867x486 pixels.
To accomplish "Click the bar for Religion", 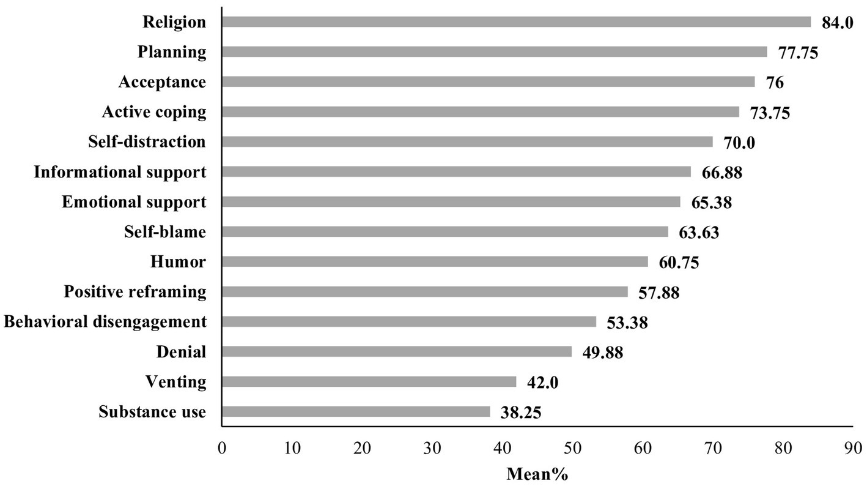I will click(516, 22).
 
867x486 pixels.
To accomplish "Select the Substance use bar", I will click(356, 412).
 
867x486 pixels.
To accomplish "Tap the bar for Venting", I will click(369, 382).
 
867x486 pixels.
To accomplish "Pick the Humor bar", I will click(435, 262).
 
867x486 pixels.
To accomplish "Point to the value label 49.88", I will click(602, 353).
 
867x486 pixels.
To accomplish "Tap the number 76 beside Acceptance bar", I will click(775, 83).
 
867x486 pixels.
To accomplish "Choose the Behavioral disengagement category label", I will click(105, 322).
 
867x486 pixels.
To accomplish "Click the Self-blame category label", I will click(165, 232).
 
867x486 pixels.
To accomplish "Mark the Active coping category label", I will click(154, 113).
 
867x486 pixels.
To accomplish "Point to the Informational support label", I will click(120, 172).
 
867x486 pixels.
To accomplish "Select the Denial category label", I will click(181, 352).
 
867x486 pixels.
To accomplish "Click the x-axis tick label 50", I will click(572, 448).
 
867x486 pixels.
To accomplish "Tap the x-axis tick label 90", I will click(852, 448).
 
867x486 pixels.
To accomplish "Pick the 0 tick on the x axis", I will click(222, 448).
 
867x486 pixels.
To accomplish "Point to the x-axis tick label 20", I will click(362, 448).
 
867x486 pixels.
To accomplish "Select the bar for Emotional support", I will click(451, 202).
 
